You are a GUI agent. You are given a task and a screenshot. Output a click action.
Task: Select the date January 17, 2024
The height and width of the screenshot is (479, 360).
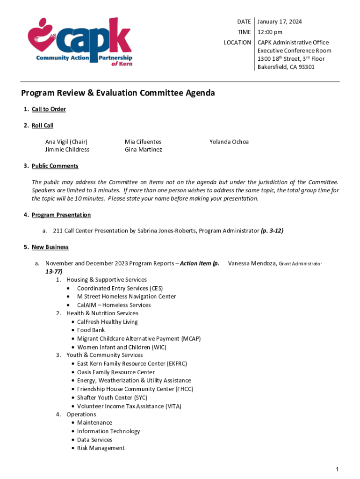[x=280, y=22]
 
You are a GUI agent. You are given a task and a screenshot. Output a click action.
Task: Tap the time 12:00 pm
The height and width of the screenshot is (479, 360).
[x=270, y=32]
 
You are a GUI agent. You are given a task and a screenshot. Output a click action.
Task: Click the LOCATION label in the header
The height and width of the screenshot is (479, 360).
[x=237, y=43]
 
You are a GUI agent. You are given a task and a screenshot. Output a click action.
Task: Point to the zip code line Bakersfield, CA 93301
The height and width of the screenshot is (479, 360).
[x=286, y=67]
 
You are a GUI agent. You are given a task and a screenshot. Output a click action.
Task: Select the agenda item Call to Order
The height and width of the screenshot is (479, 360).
[x=49, y=109]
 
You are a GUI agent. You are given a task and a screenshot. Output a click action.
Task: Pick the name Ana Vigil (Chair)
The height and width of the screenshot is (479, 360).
[x=66, y=142]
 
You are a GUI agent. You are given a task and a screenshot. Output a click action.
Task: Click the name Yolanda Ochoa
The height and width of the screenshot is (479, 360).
[x=229, y=142]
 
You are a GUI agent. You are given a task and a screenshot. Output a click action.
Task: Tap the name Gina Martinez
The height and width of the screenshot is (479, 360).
[x=143, y=150]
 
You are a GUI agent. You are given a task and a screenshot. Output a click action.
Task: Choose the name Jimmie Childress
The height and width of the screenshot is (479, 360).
[x=67, y=150]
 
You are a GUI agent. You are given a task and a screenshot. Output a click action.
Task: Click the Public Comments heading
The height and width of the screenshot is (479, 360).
[x=55, y=166]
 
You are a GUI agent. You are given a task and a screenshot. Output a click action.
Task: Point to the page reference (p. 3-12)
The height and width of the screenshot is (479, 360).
[x=272, y=231]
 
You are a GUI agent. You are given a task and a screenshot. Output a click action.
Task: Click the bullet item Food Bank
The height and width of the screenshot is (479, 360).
[x=91, y=330]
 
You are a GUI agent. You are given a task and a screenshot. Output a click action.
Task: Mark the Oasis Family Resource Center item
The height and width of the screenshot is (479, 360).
[x=116, y=372]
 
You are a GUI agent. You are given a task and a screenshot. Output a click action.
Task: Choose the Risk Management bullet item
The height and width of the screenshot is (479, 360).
[x=101, y=448]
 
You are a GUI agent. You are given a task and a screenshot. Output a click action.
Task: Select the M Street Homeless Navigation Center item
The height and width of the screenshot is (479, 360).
[x=126, y=297]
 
